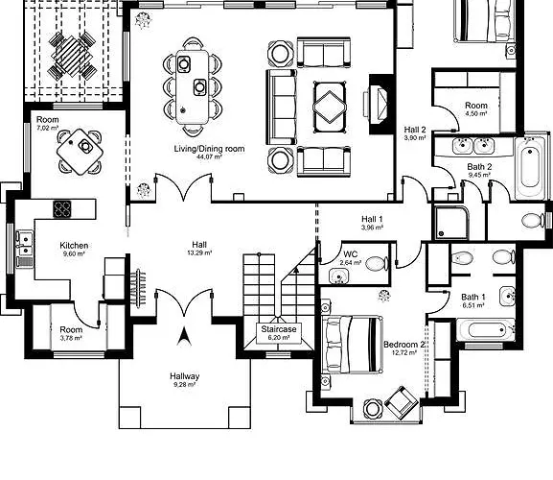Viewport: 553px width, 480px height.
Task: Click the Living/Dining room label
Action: [209, 149]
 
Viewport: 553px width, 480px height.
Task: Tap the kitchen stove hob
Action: [62, 209]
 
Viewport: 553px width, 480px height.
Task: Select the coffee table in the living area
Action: [330, 108]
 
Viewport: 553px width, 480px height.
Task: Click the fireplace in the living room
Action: [379, 105]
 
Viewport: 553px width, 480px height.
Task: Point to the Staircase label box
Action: [279, 333]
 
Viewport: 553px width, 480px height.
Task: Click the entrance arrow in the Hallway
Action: [184, 336]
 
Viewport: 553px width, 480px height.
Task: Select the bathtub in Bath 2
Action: [530, 169]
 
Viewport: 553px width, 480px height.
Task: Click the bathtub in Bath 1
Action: [486, 330]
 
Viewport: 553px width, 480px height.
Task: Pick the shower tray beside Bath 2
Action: [451, 223]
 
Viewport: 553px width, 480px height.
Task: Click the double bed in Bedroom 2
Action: [353, 345]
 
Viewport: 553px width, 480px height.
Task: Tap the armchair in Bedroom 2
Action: [402, 402]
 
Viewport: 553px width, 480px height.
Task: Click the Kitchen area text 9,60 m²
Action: [74, 253]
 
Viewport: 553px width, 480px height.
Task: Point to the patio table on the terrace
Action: [72, 56]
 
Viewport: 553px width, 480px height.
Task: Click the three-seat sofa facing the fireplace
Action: [281, 107]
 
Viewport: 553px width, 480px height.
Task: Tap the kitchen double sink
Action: [25, 243]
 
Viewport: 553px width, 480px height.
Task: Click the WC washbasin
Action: [339, 276]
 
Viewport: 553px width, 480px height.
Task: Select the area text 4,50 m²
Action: [476, 113]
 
